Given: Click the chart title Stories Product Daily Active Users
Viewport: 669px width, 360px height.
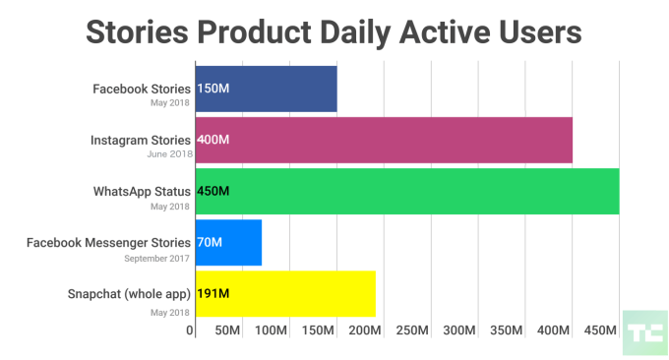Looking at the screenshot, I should click(x=334, y=31).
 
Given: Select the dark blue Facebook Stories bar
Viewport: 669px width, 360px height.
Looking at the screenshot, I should click(x=266, y=89).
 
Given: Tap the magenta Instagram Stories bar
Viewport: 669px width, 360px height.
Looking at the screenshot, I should click(x=384, y=140).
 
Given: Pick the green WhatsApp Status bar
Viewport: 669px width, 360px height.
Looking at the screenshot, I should click(x=407, y=191).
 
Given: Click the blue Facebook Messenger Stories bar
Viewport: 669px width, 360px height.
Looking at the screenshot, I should click(x=228, y=242).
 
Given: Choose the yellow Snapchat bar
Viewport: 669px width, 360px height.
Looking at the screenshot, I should click(x=285, y=293).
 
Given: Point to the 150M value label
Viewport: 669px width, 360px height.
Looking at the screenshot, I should click(x=213, y=89).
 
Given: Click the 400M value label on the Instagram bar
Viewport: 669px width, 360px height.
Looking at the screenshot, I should click(x=213, y=140).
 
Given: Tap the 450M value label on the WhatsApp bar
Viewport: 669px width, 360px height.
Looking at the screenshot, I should click(x=213, y=191).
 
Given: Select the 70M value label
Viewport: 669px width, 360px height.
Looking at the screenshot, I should click(x=210, y=242).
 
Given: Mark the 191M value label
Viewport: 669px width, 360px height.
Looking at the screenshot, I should click(x=213, y=293).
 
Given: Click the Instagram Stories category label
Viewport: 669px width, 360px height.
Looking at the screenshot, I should click(x=142, y=140).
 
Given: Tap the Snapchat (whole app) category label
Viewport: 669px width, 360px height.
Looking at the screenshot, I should click(x=129, y=293).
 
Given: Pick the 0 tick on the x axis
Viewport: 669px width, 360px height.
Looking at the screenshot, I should click(x=190, y=330).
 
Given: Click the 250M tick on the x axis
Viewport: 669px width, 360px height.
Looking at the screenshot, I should click(x=410, y=330).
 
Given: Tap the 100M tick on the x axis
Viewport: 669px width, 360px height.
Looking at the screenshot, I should click(x=272, y=330).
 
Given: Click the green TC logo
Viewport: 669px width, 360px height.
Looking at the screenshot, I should click(x=645, y=332).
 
